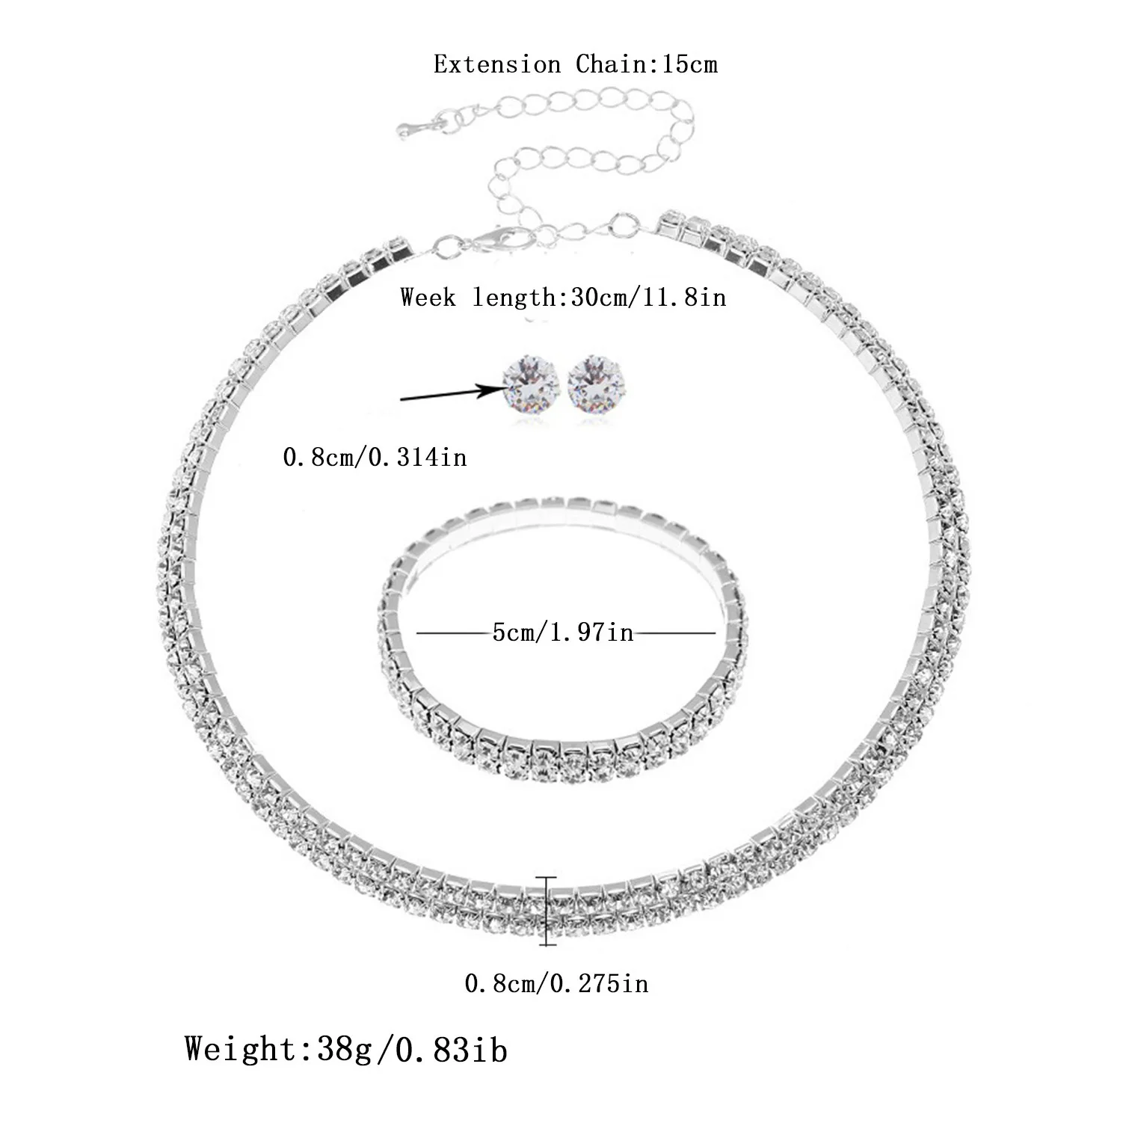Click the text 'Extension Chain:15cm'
[575, 64]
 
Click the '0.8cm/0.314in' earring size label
[375, 456]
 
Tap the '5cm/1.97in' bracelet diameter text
[563, 633]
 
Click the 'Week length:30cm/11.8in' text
[563, 298]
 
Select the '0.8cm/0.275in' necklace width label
[557, 982]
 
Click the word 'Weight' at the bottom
[242, 1049]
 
